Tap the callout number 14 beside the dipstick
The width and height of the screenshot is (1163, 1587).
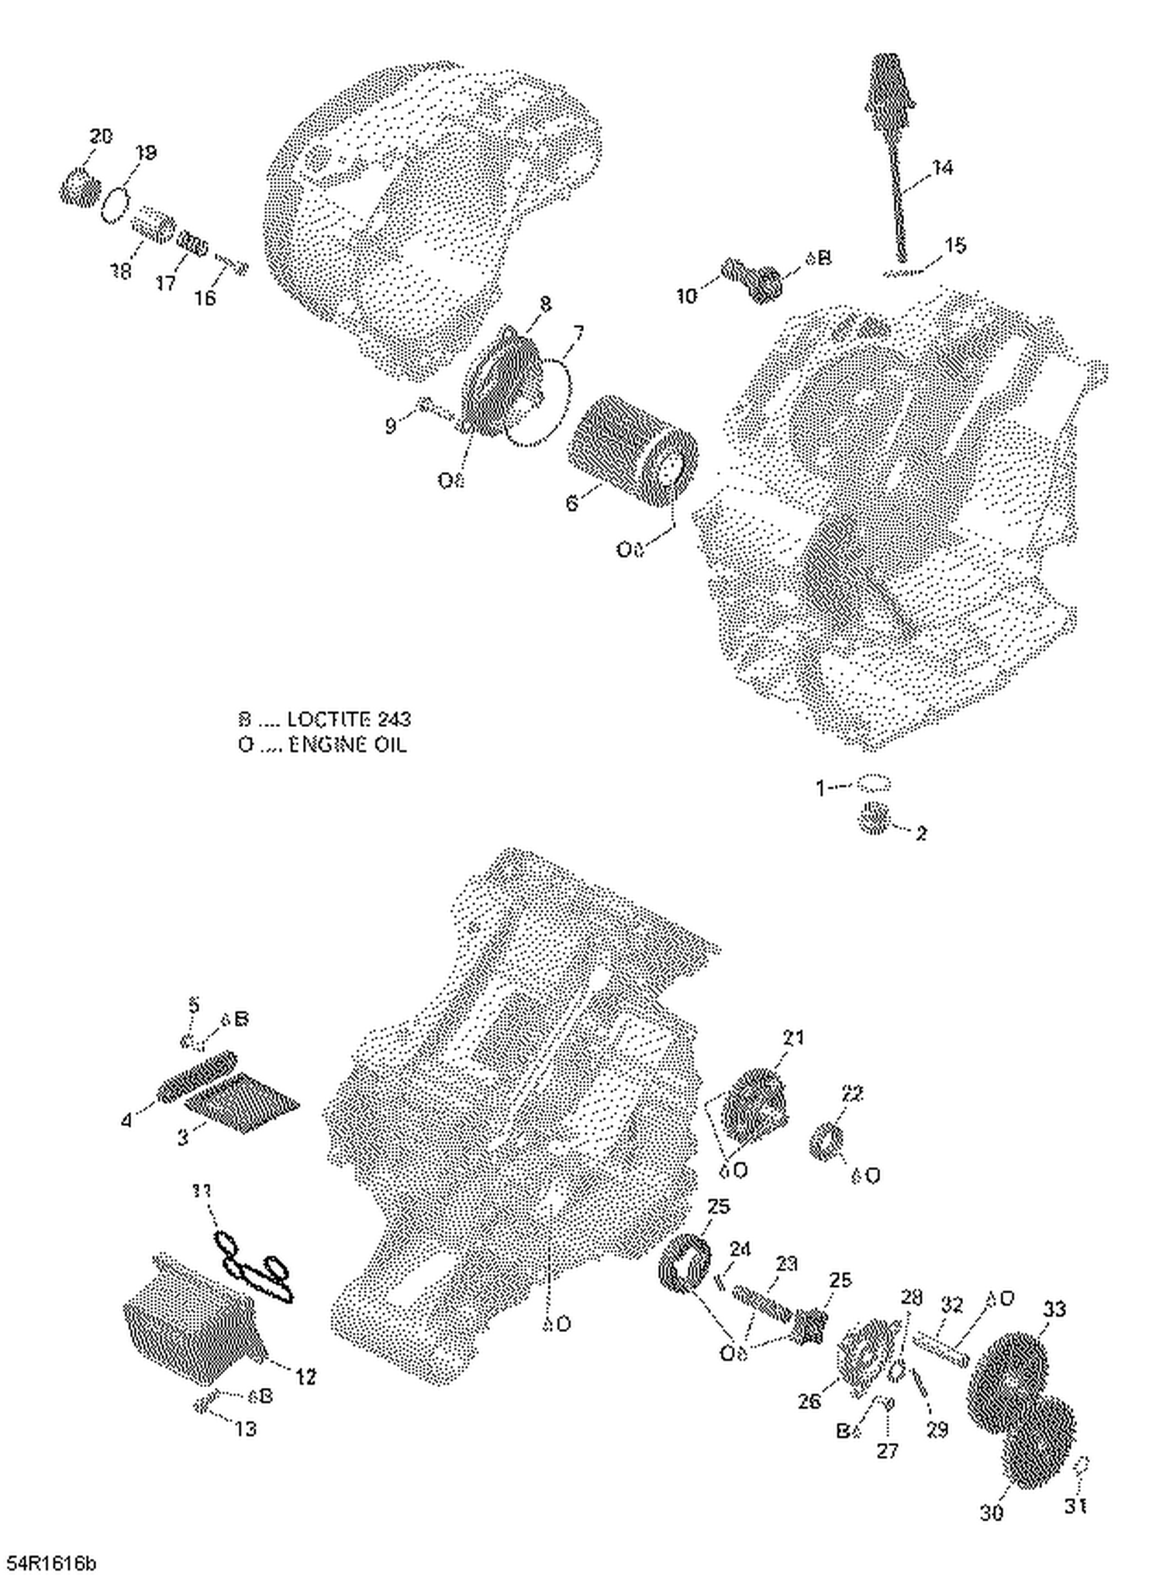pos(942,167)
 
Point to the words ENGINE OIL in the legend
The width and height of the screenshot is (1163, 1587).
pos(347,745)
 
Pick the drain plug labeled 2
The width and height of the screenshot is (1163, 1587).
pos(874,818)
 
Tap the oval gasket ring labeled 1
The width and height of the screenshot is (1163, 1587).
pos(874,784)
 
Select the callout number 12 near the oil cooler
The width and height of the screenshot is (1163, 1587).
pos(305,1377)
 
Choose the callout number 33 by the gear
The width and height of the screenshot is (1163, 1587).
pos(1054,1309)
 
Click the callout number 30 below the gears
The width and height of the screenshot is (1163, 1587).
pos(992,1512)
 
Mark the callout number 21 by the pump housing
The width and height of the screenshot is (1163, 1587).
pos(792,1038)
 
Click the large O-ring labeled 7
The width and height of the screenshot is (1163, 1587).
pos(543,403)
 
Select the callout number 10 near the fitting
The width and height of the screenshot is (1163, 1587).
pos(687,295)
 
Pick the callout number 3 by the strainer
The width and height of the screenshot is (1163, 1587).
pos(183,1138)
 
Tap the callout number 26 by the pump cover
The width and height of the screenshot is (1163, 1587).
pos(809,1400)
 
